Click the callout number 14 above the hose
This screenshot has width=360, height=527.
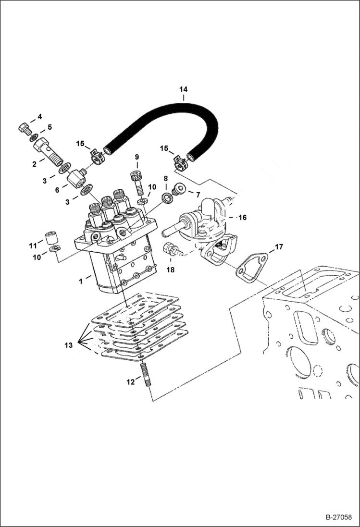click(183, 89)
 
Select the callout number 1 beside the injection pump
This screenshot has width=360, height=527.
click(82, 278)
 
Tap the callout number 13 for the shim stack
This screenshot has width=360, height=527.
click(69, 344)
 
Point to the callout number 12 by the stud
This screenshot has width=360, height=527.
click(130, 382)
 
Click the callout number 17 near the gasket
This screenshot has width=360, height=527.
click(279, 248)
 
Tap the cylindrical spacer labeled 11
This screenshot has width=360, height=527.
click(51, 237)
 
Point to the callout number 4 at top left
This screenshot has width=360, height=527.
click(40, 117)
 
